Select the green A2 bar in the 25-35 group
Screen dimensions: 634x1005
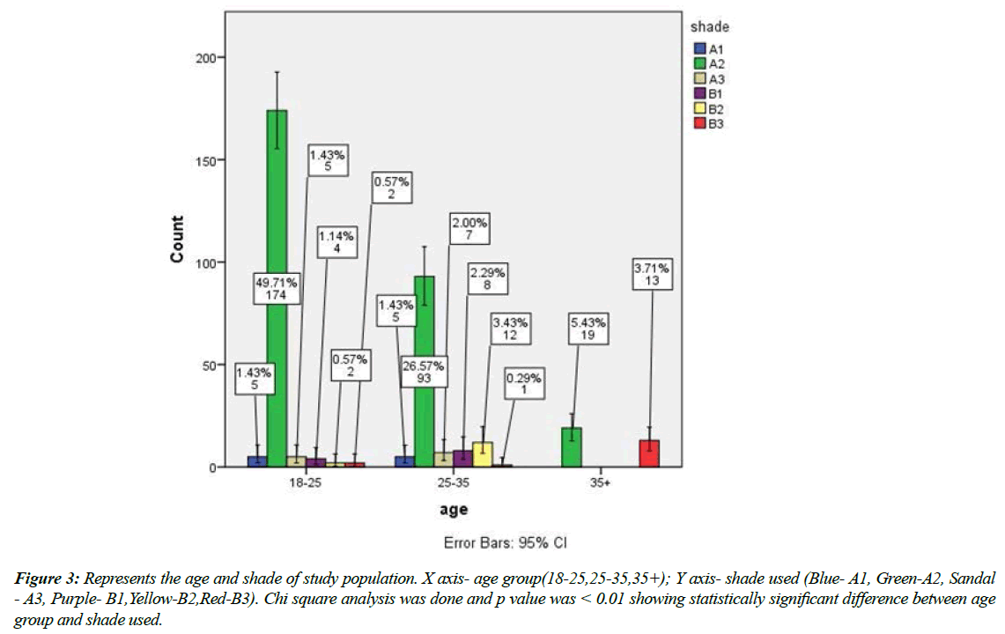(424, 370)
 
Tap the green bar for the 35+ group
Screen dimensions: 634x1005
(572, 447)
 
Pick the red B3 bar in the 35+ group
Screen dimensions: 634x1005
(649, 453)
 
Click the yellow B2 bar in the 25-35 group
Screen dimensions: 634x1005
(483, 454)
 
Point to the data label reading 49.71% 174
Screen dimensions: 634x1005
(276, 287)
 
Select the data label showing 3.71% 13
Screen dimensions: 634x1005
(653, 274)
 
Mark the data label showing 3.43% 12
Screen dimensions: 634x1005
(510, 330)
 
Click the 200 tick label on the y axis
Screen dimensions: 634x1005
(204, 57)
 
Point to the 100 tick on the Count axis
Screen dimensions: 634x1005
(204, 262)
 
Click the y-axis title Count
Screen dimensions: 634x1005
(177, 239)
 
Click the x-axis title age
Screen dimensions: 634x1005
(453, 510)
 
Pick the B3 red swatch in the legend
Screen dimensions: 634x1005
(700, 123)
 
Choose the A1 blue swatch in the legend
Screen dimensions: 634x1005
(700, 48)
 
